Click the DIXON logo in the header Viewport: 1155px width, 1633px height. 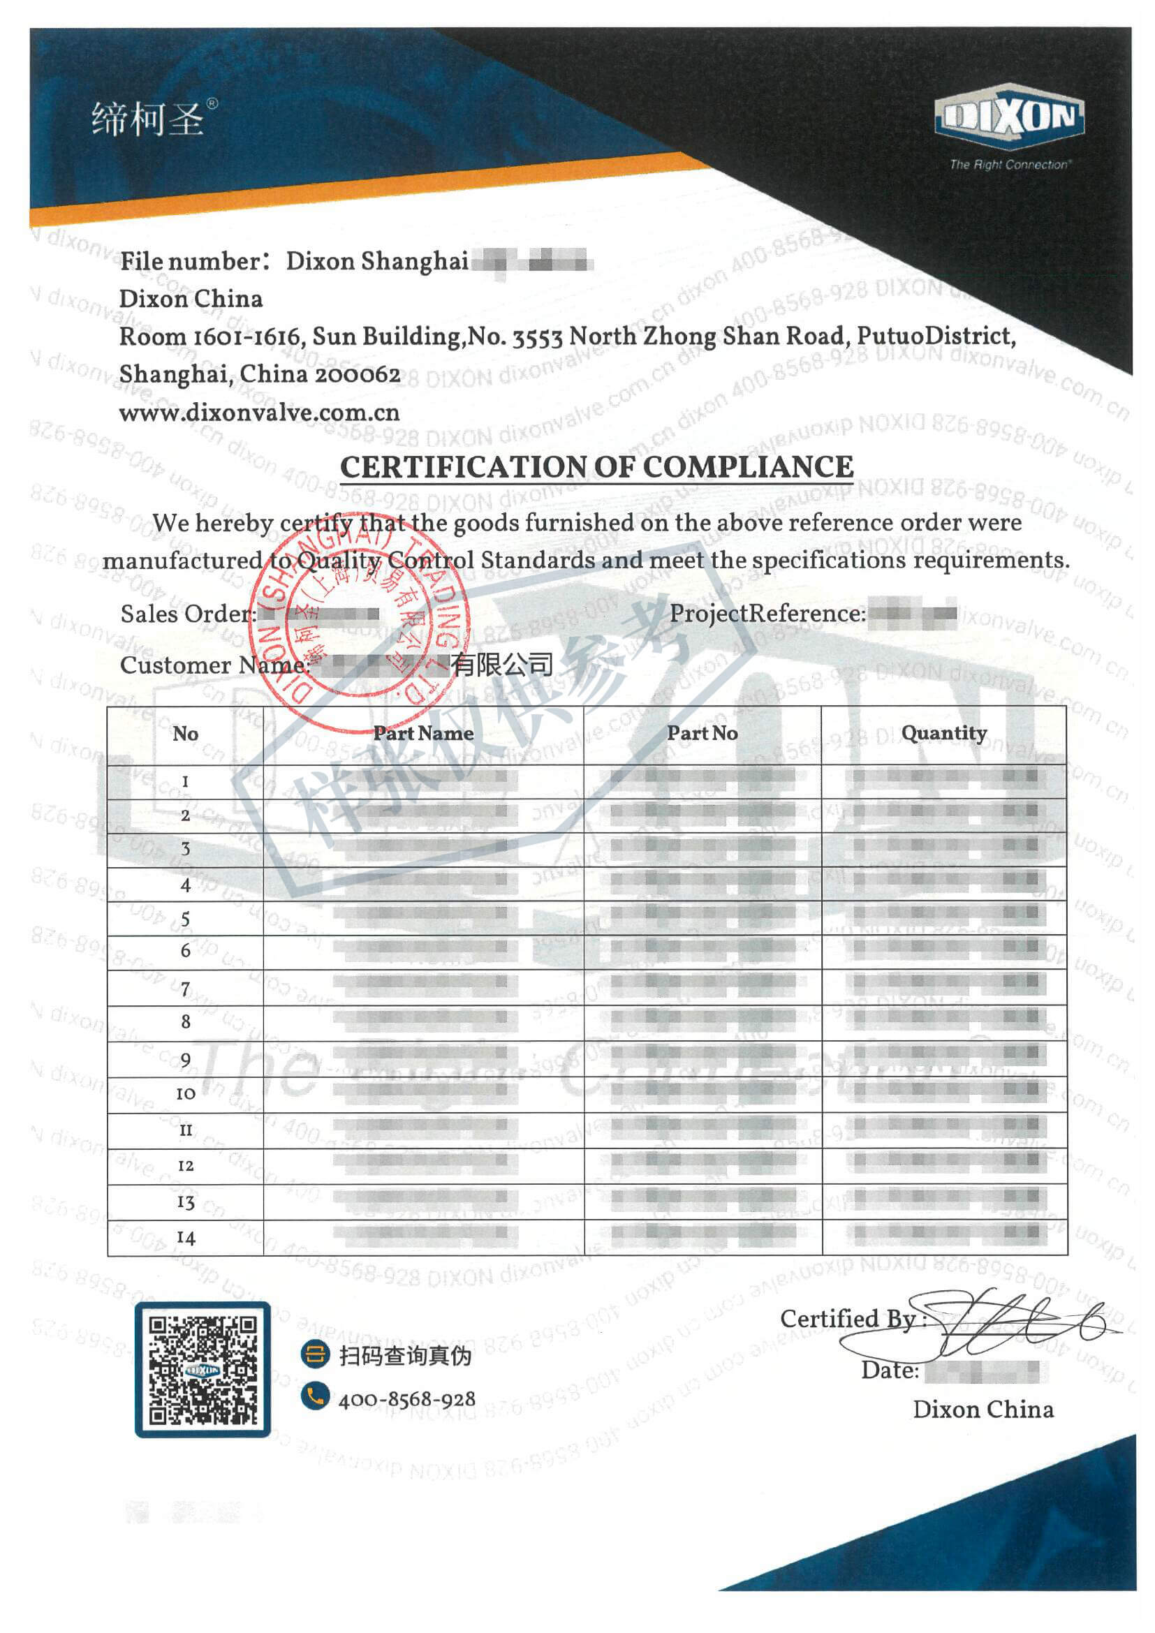point(1008,118)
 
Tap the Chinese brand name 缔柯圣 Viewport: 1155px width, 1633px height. point(148,118)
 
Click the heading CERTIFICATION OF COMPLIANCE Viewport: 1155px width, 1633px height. point(596,467)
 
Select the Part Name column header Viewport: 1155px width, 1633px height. point(423,733)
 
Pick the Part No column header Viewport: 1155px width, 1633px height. point(702,733)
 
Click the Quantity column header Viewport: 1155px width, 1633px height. point(944,733)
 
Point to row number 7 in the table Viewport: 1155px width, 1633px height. point(186,989)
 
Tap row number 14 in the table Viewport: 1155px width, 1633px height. point(186,1239)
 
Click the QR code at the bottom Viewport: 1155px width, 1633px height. point(203,1369)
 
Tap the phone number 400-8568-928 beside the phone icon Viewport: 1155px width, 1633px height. point(407,1400)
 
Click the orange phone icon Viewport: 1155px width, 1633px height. point(314,1396)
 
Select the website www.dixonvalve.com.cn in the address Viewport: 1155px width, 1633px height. point(259,413)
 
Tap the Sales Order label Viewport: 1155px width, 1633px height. point(187,614)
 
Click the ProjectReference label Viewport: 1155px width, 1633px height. point(767,613)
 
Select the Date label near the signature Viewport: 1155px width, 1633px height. point(890,1370)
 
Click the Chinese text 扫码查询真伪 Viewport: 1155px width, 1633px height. point(405,1357)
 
